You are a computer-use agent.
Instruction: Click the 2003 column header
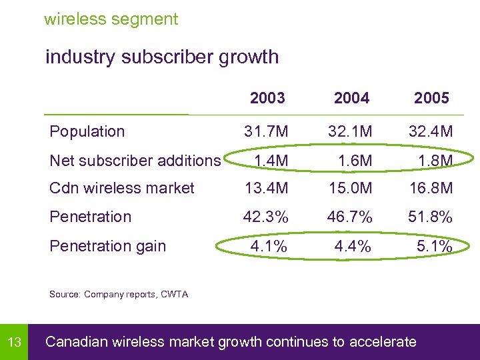[x=267, y=99]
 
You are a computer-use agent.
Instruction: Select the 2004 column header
[x=351, y=99]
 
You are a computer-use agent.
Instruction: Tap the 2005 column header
[x=431, y=99]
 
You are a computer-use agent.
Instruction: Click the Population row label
[x=87, y=131]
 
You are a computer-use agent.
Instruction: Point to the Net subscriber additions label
[x=135, y=161]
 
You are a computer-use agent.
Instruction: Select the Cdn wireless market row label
[x=122, y=188]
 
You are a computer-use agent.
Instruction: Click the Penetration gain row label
[x=108, y=246]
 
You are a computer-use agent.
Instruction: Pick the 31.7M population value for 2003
[x=266, y=131]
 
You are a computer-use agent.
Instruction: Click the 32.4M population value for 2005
[x=431, y=131]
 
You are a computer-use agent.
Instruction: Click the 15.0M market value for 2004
[x=351, y=188]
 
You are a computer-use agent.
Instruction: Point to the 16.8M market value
[x=431, y=188]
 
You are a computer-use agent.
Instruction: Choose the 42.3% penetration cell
[x=266, y=217]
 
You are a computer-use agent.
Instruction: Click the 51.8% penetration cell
[x=431, y=217]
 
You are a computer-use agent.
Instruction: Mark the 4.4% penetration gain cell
[x=353, y=246]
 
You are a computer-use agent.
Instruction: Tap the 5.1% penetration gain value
[x=434, y=246]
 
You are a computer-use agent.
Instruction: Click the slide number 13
[x=14, y=343]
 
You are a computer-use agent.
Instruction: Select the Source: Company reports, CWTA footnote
[x=119, y=294]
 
